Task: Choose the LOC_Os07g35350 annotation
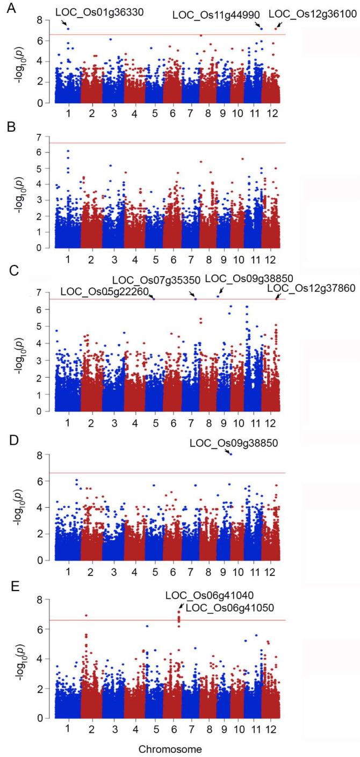click(156, 279)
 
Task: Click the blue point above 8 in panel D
click(231, 455)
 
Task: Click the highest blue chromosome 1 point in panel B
click(68, 151)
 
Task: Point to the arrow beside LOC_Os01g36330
click(64, 24)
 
